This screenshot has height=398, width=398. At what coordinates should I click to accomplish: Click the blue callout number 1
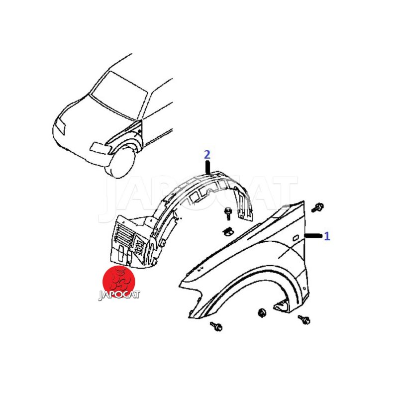(327, 236)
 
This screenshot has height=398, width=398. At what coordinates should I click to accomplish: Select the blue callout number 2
(207, 155)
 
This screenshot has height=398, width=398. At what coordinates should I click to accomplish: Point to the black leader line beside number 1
(313, 236)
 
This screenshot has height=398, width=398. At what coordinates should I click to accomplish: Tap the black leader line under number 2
(208, 168)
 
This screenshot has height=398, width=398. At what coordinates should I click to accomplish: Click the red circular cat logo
(119, 281)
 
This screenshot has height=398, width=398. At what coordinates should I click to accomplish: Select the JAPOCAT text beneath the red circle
(119, 295)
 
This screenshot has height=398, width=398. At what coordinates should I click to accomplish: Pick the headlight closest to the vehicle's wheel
(98, 148)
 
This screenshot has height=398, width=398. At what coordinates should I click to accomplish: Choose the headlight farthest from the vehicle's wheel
(60, 126)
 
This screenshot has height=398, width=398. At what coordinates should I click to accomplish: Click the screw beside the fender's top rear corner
(317, 207)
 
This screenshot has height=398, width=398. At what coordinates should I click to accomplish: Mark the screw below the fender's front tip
(216, 326)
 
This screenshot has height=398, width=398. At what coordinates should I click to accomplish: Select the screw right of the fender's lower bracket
(304, 320)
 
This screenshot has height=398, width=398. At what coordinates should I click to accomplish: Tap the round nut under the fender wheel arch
(262, 312)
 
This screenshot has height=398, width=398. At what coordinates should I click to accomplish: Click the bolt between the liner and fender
(228, 213)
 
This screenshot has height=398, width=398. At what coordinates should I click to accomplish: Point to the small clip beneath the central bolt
(228, 231)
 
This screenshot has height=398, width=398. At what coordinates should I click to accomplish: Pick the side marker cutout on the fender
(296, 238)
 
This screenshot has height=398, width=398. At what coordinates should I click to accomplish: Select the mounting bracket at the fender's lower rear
(281, 306)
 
